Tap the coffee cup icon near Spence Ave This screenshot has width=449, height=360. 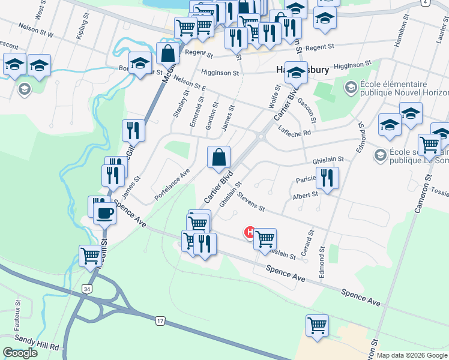click(x=105, y=213)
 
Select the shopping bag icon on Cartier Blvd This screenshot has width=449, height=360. click(x=219, y=157)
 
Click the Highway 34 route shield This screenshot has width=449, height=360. click(x=88, y=289)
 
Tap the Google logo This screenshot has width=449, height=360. click(x=20, y=352)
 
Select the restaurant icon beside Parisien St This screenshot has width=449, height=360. click(x=327, y=178)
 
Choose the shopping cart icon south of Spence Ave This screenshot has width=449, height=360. click(x=317, y=325)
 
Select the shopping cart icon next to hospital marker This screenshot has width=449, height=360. click(x=264, y=239)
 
